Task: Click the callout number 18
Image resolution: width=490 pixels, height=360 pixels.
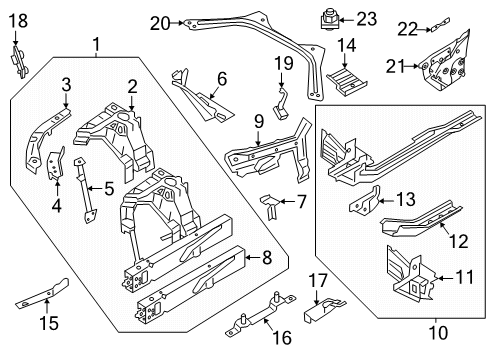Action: tap(18, 21)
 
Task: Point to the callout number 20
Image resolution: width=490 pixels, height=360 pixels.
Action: tap(160, 24)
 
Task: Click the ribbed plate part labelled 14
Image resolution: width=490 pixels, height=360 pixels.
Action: tap(346, 82)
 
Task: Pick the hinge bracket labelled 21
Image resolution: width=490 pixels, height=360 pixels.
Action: tap(444, 62)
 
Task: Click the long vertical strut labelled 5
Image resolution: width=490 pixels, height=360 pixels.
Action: tap(86, 190)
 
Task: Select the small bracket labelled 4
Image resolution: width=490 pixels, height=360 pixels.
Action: tap(55, 165)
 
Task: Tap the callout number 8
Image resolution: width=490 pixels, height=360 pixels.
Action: tap(267, 258)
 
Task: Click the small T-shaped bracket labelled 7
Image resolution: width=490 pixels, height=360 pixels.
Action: tap(270, 206)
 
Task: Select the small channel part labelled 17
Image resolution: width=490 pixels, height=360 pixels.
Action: tap(323, 310)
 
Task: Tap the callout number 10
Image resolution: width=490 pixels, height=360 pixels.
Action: tap(438, 333)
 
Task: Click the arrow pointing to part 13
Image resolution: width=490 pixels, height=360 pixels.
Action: tap(387, 201)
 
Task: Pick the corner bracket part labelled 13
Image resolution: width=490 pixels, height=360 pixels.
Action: tap(365, 199)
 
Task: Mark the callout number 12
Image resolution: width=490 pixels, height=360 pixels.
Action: tap(459, 241)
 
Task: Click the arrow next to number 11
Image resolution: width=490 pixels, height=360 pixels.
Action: tap(445, 278)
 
